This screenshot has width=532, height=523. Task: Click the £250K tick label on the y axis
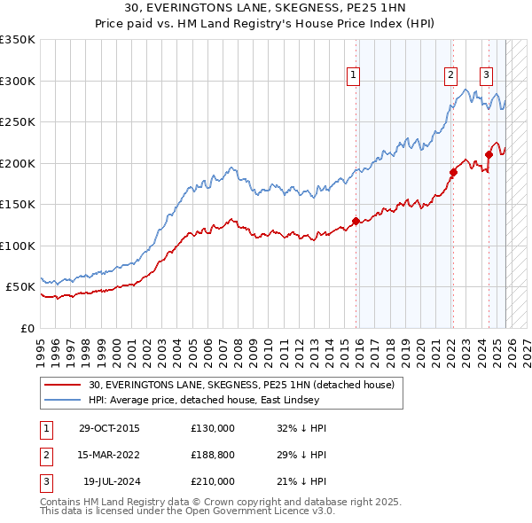(x=19, y=121)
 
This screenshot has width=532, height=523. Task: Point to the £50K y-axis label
(x=21, y=287)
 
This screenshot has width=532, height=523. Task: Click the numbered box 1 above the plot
(x=353, y=75)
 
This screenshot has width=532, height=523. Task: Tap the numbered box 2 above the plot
(x=451, y=75)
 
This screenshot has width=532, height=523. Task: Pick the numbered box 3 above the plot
(x=486, y=75)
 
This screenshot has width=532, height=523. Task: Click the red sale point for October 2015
(x=356, y=221)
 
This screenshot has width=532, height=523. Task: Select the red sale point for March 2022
(x=453, y=172)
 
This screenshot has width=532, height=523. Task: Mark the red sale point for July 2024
(x=489, y=155)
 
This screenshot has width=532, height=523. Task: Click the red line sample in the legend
(x=64, y=385)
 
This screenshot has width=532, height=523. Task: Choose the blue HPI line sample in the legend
(x=64, y=400)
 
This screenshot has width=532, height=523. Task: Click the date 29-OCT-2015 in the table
(x=109, y=428)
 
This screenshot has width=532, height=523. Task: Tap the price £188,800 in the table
(x=213, y=455)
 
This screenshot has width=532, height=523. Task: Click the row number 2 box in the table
(x=44, y=455)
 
